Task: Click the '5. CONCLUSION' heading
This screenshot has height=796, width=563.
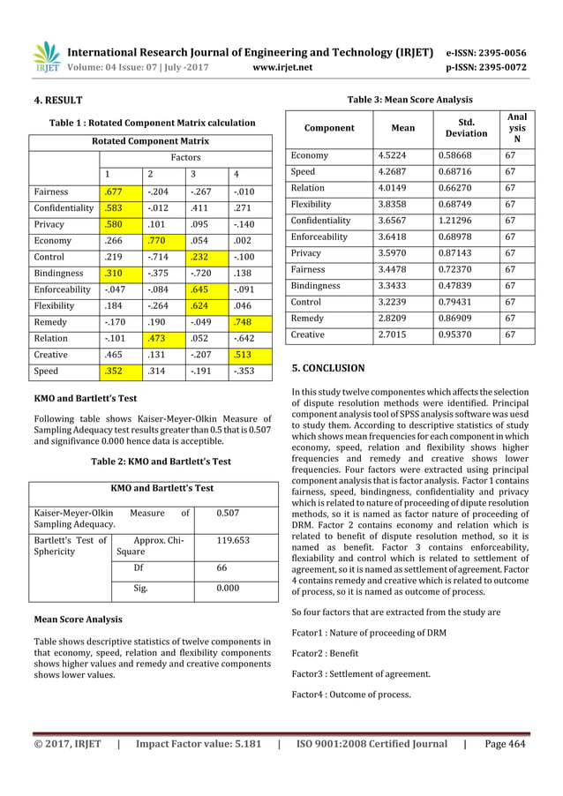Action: pos(327,368)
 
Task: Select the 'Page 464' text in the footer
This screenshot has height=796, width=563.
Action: pos(505,744)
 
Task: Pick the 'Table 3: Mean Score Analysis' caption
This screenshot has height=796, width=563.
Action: pos(410,100)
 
